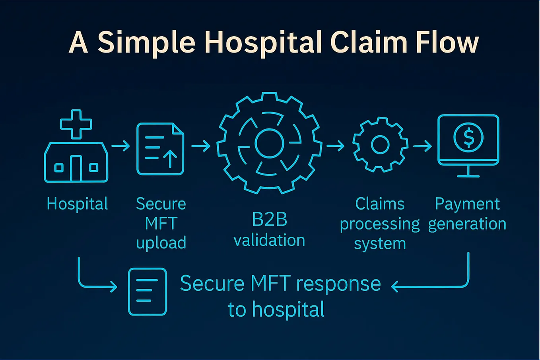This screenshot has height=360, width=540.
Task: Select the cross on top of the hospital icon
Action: [x=76, y=124]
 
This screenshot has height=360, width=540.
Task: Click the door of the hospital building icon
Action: [x=76, y=168]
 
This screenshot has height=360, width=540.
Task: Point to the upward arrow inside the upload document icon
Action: [x=170, y=158]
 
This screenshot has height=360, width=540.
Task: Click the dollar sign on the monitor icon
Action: [x=468, y=138]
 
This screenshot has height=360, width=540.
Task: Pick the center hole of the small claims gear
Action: [x=380, y=145]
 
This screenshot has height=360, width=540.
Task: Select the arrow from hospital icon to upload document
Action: [x=121, y=146]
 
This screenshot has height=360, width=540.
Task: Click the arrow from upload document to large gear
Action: [x=201, y=146]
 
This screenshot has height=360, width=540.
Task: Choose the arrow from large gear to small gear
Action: [x=335, y=146]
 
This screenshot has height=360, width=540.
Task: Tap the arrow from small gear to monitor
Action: [x=422, y=146]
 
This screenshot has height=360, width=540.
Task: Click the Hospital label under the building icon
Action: [x=77, y=204]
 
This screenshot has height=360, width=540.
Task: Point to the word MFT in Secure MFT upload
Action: [x=161, y=223]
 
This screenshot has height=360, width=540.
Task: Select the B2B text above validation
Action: [x=270, y=219]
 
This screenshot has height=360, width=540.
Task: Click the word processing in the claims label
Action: [x=380, y=225]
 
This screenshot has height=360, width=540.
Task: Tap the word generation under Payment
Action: [x=467, y=224]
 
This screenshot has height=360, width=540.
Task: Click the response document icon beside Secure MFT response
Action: [x=147, y=292]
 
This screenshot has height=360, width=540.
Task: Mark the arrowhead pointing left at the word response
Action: [x=394, y=286]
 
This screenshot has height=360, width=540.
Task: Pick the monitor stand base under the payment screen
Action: [x=468, y=176]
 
